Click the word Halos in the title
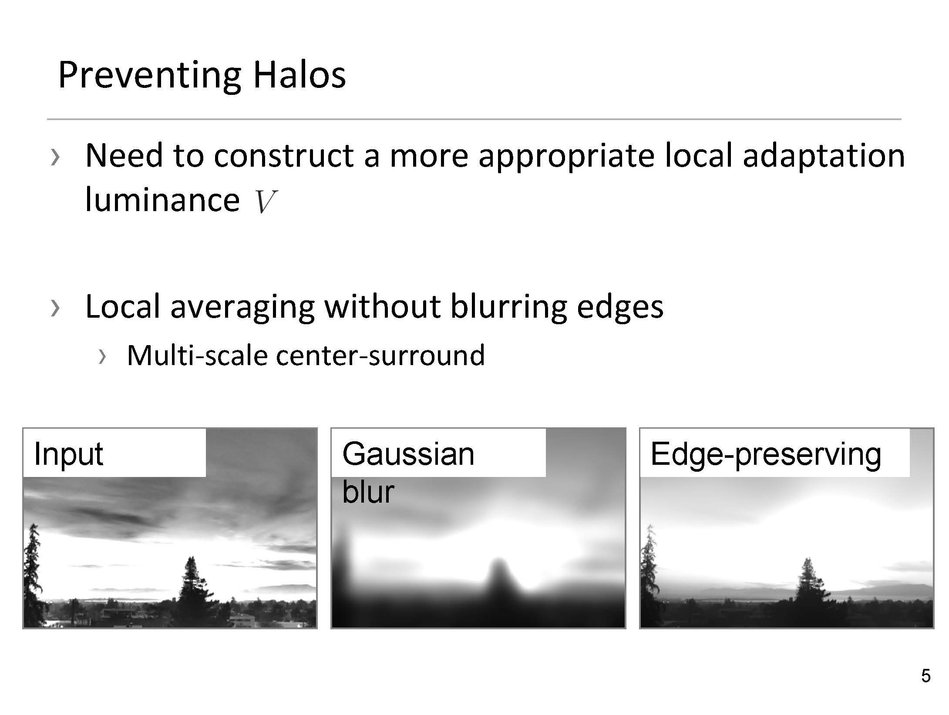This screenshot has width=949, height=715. coord(300,75)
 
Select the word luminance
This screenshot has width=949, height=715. coord(162,200)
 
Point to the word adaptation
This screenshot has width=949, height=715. coord(824,155)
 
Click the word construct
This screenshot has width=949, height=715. coord(284,156)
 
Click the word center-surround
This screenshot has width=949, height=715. coord(380,355)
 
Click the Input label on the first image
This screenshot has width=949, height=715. coord(68,454)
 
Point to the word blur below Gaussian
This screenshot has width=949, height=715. coord(368,492)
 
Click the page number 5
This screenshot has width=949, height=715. coord(925,676)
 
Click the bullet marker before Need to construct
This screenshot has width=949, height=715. coord(54,157)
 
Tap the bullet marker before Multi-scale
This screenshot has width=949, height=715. coord(102,357)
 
